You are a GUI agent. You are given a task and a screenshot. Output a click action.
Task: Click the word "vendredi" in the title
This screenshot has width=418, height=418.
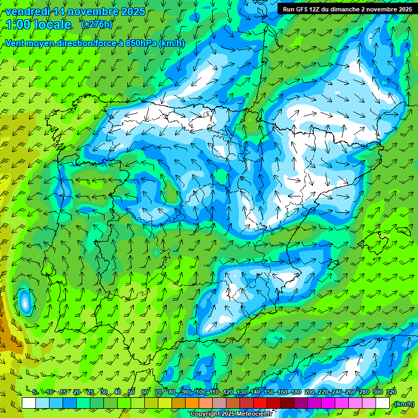28,11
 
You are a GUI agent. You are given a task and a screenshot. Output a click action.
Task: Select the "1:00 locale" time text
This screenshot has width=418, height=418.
39,24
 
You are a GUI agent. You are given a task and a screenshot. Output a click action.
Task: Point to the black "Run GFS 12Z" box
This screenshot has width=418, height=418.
347,9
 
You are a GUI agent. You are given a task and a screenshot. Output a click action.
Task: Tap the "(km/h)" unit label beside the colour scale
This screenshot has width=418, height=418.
404,403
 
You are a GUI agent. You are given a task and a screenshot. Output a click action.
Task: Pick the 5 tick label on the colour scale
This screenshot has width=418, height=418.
35,392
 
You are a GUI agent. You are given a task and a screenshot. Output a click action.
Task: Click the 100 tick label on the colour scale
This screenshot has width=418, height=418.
200,392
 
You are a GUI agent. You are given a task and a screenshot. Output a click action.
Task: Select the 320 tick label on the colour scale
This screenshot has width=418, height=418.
391,392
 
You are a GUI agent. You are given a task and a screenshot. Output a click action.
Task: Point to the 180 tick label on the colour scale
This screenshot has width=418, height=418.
296,392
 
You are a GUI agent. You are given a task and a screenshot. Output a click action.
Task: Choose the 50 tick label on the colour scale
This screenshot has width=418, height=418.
131,392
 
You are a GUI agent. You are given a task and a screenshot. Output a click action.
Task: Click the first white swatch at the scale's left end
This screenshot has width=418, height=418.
29,403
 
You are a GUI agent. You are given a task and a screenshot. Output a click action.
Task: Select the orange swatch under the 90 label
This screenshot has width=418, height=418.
192,403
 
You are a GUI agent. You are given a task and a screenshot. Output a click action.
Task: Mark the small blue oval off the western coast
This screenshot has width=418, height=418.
24,302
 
